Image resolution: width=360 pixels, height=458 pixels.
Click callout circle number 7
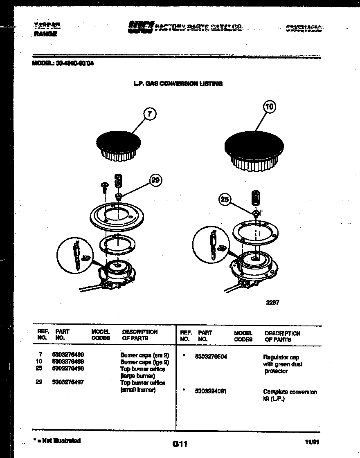[x=150, y=114]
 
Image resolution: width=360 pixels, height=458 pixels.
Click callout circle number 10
[x=269, y=107]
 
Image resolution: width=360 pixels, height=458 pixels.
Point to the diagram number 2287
[x=272, y=303]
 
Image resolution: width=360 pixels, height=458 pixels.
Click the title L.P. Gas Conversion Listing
[x=178, y=83]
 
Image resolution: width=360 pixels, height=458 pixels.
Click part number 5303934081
[x=211, y=391]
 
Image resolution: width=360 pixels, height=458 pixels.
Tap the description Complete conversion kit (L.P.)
[x=290, y=395]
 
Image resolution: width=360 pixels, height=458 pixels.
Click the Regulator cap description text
[x=282, y=364]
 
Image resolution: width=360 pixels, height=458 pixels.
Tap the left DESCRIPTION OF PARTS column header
[x=139, y=335]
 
